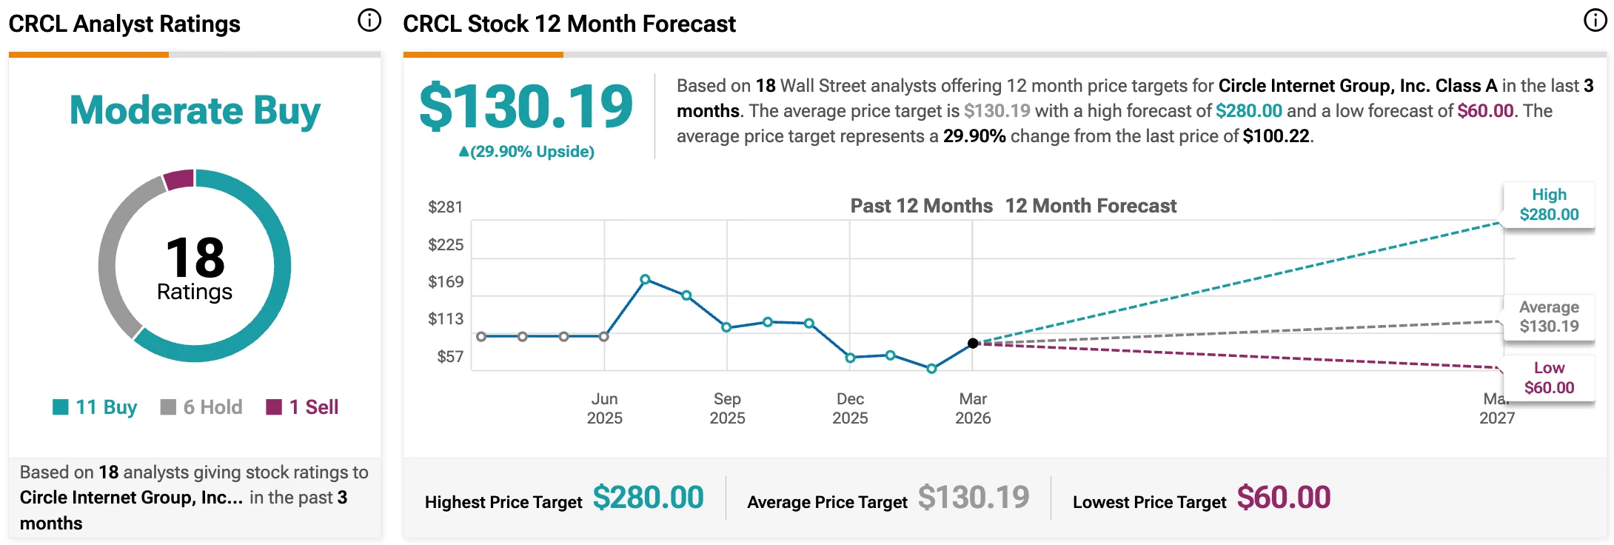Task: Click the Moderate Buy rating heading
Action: (x=195, y=111)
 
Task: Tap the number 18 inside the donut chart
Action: (x=195, y=258)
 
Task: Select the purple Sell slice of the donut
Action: (x=179, y=180)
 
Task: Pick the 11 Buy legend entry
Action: (x=96, y=407)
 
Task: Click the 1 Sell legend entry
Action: (x=302, y=407)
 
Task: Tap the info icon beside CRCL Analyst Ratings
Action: (x=369, y=21)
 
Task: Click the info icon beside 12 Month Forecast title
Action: (x=1595, y=21)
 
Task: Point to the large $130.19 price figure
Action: (x=526, y=107)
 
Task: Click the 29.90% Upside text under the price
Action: (x=526, y=152)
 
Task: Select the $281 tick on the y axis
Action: (x=445, y=207)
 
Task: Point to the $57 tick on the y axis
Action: (x=449, y=357)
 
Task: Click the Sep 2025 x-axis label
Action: (x=727, y=408)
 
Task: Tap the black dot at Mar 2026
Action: (x=973, y=343)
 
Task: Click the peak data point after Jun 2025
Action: (x=645, y=279)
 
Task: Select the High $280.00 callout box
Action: (x=1549, y=205)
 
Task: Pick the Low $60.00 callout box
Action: (x=1549, y=378)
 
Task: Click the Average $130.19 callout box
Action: (x=1549, y=317)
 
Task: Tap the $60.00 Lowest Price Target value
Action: (x=1283, y=498)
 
